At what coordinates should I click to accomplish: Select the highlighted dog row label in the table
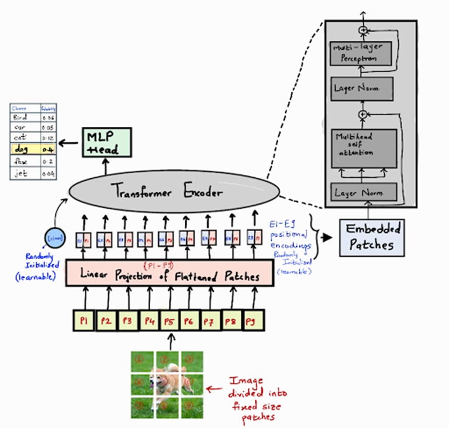pos(23,150)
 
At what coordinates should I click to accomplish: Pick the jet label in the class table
pos(21,173)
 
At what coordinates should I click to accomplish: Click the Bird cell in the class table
pos(22,116)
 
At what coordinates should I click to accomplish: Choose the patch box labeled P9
pos(250,321)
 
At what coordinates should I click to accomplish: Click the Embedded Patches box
pos(372,237)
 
